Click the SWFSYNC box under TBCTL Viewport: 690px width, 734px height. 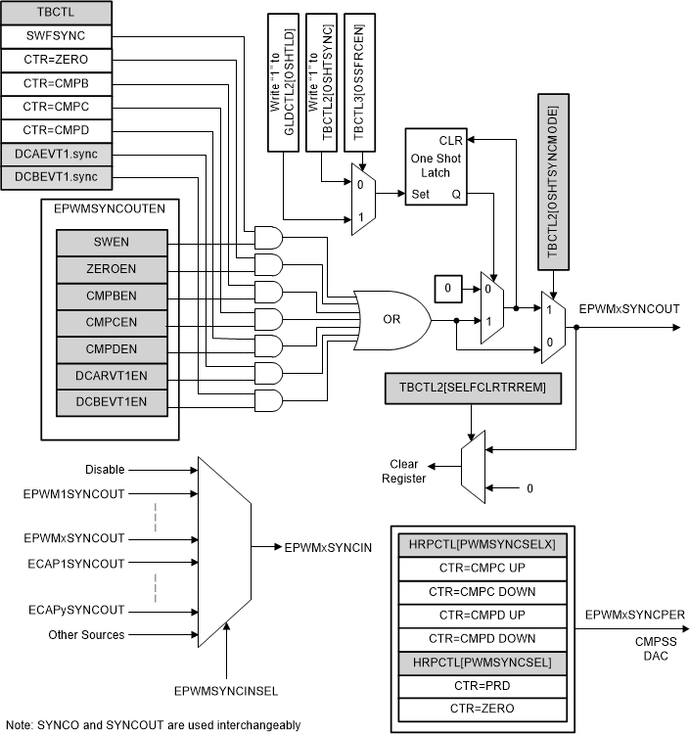point(56,35)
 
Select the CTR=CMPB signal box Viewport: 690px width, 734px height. point(56,83)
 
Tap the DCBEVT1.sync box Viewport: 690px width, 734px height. point(56,177)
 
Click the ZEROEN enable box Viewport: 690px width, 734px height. point(110,269)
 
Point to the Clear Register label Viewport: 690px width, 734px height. point(408,472)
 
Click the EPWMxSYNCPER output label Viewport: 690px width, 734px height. point(633,615)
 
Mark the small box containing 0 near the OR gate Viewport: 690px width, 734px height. point(446,289)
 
